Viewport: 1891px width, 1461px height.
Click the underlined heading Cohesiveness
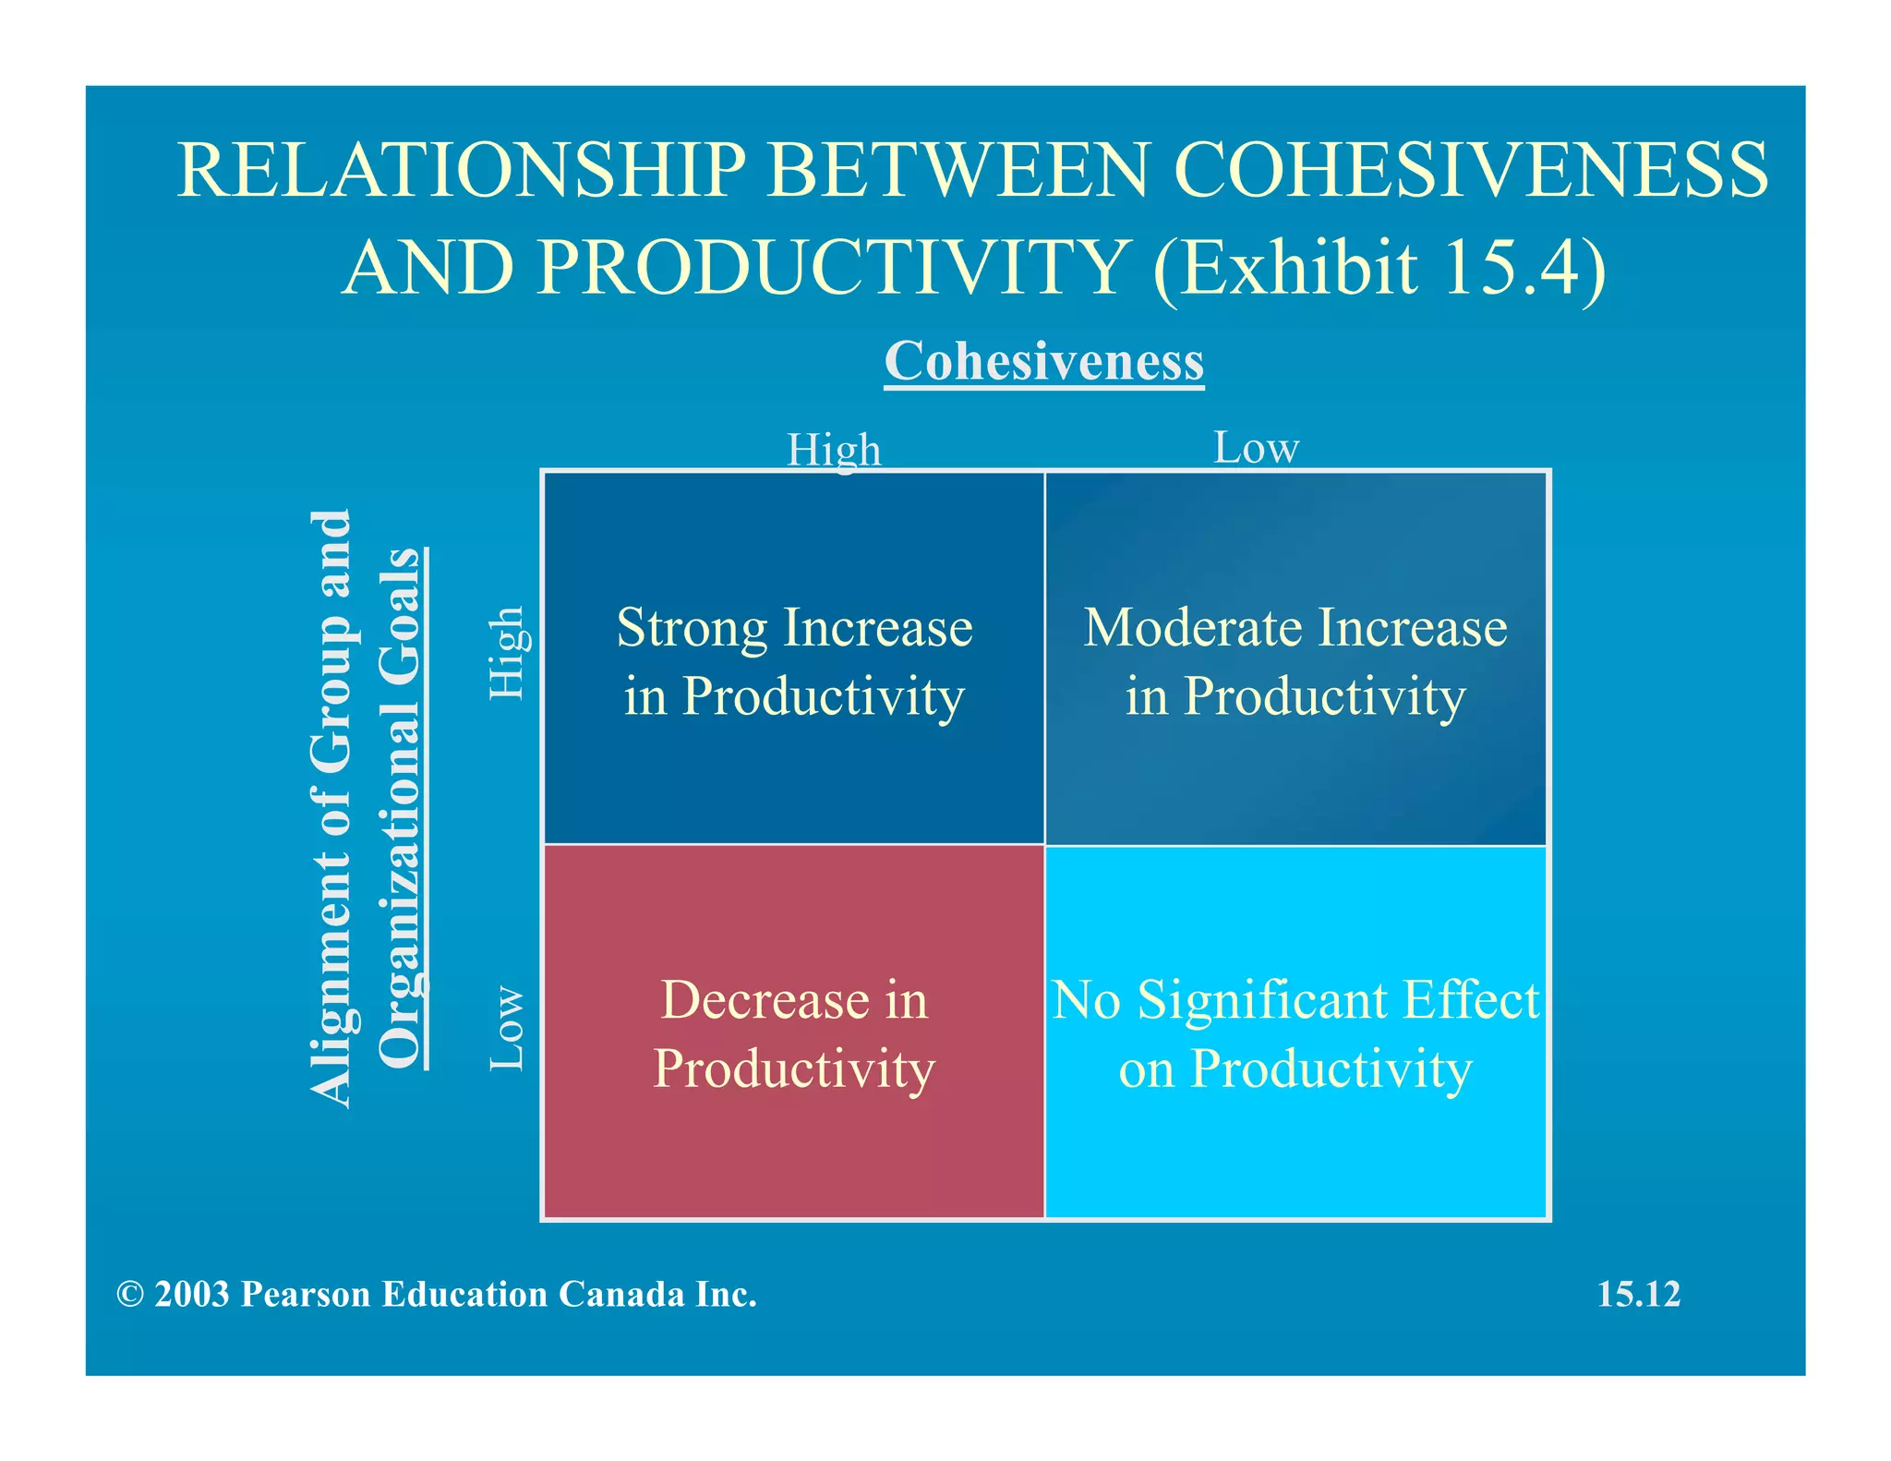(1043, 361)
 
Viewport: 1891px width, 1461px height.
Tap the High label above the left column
(834, 451)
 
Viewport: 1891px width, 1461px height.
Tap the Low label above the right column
(1256, 448)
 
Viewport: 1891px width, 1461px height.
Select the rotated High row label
(507, 652)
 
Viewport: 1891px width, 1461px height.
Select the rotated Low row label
(507, 1028)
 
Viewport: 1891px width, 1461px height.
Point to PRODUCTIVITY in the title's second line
(829, 268)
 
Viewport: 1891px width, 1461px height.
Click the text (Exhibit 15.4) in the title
(1379, 268)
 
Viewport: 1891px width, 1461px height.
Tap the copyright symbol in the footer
(130, 1295)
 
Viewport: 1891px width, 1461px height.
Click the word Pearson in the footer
(306, 1295)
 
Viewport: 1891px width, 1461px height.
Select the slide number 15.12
(1639, 1295)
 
